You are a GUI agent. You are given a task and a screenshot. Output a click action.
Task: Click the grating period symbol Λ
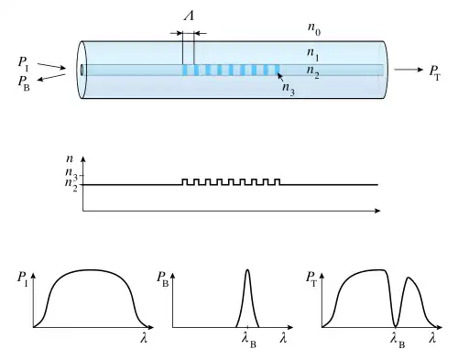point(190,15)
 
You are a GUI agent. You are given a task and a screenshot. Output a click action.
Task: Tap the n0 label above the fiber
point(314,29)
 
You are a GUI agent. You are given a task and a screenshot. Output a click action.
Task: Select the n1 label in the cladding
point(313,54)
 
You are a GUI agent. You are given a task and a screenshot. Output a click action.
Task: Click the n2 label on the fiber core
point(313,72)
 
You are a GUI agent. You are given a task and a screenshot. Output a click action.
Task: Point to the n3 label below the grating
point(289,89)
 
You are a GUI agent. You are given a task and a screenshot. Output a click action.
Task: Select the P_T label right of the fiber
point(435,73)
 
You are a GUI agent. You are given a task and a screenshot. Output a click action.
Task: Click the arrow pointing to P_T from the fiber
point(409,70)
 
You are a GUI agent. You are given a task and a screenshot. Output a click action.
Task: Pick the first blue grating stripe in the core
point(184,70)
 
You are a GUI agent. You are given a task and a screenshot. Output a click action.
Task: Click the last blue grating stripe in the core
point(278,70)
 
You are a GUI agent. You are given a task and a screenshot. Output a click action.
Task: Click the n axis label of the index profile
point(70,158)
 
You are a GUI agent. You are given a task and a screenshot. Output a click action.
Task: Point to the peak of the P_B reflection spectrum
point(247,269)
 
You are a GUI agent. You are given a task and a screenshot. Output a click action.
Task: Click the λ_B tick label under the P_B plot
point(249,341)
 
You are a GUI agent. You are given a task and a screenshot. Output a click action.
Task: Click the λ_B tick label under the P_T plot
point(398,341)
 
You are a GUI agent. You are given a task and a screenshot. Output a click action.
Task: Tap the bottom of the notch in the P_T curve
point(396,326)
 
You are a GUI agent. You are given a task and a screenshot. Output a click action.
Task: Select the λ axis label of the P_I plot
point(144,338)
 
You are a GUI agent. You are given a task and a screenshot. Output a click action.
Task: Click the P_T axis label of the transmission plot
point(311,278)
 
